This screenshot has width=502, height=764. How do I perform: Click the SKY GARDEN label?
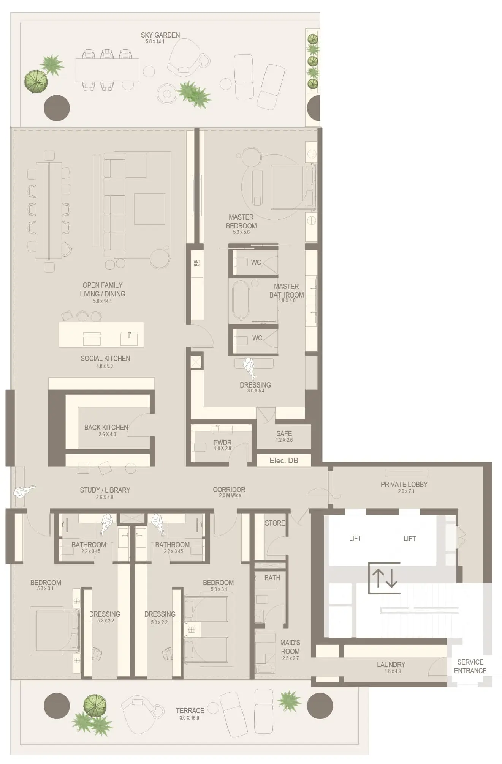[160, 35]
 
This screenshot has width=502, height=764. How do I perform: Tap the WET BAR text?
[196, 263]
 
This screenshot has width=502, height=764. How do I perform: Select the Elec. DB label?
[283, 460]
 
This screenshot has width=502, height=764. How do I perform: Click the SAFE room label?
[284, 433]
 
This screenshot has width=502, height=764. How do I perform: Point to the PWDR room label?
[222, 443]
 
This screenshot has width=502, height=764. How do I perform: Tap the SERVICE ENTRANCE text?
[470, 666]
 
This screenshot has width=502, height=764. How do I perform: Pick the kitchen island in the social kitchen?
[101, 335]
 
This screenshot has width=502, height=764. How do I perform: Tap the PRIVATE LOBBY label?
[404, 484]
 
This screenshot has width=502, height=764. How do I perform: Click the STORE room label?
[275, 523]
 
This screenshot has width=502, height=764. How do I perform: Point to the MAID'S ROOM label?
[290, 647]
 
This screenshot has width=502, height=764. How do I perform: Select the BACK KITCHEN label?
[106, 427]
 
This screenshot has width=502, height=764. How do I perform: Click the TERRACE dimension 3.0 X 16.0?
[189, 718]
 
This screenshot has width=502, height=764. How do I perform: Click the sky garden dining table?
[107, 70]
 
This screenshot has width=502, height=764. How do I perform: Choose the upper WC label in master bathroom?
[256, 262]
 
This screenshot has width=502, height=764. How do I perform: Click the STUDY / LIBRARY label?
[105, 490]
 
